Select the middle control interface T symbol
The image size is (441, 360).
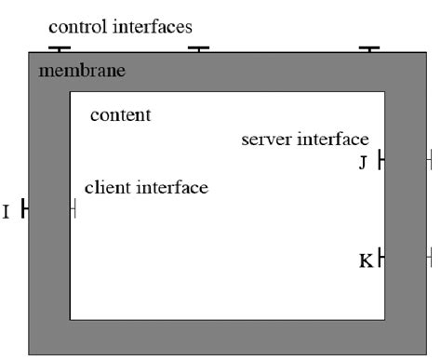coord(199,48)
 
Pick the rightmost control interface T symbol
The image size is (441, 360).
coord(369,48)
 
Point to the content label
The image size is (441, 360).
coord(120,116)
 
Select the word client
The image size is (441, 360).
coord(107,188)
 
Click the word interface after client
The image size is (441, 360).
coord(173,188)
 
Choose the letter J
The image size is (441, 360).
coord(364,164)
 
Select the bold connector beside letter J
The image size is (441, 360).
coord(381,162)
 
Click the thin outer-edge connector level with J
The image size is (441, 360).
coord(430,162)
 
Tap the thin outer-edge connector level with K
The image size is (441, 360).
coord(430,256)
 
